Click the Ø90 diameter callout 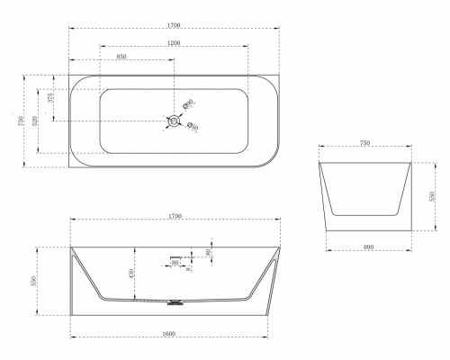pyautogui.click(x=187, y=105)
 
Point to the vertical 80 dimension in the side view pyautogui.click(x=209, y=253)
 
